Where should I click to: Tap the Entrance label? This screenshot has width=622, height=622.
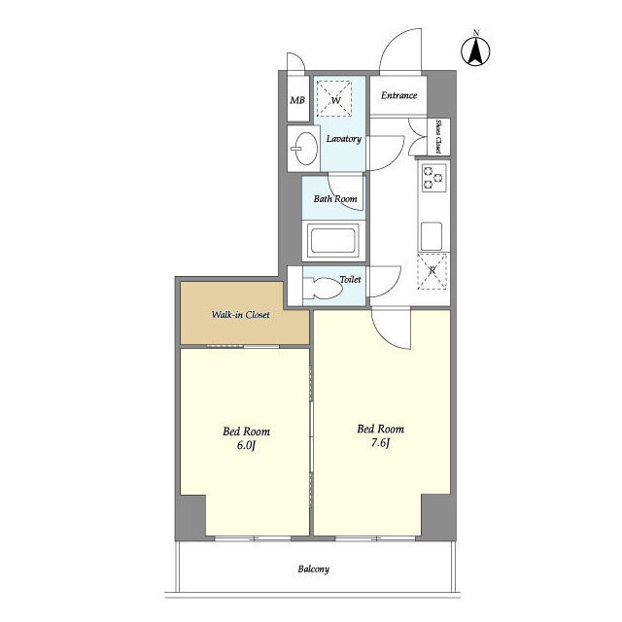click(398, 95)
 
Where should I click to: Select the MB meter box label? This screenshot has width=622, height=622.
click(297, 100)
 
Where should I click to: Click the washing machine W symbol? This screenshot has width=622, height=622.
click(334, 98)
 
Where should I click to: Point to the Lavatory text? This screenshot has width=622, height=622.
click(343, 139)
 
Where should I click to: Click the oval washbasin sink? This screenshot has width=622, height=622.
click(305, 149)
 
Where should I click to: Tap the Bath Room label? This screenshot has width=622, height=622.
click(335, 198)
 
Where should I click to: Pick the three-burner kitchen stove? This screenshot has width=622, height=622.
click(433, 178)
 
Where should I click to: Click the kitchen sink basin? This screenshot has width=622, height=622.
click(432, 236)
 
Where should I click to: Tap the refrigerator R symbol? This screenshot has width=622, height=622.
click(432, 271)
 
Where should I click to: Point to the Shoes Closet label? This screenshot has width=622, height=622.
click(438, 136)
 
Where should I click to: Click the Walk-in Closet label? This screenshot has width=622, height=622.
click(240, 315)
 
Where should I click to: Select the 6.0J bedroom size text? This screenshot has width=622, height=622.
click(246, 445)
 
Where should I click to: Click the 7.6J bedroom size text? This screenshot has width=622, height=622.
click(380, 443)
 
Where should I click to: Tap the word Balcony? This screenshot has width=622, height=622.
click(313, 570)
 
